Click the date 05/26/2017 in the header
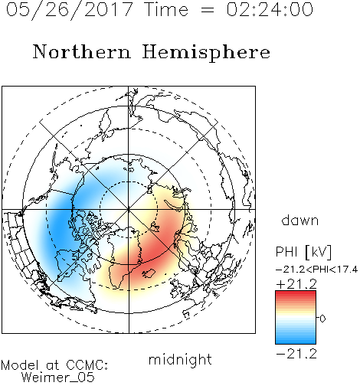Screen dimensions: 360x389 [x=70, y=10]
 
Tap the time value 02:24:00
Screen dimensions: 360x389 [x=270, y=9]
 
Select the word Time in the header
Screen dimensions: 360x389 [x=166, y=9]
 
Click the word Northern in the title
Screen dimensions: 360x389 [x=82, y=51]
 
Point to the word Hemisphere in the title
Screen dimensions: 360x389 [x=206, y=53]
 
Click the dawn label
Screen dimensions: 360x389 [x=300, y=221]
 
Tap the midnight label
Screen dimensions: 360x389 [x=180, y=359]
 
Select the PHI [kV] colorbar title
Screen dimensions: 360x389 [x=304, y=252]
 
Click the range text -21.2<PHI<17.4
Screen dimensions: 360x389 [x=316, y=270]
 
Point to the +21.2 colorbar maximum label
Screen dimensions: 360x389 [x=296, y=284]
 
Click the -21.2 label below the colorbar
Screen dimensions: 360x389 [x=296, y=354]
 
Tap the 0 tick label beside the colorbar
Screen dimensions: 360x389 [x=322, y=319]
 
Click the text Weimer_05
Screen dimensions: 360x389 [x=58, y=378]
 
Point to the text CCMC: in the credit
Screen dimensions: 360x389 [x=87, y=365]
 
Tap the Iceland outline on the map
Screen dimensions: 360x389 [x=149, y=273]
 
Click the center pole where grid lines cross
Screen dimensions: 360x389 [x=129, y=210]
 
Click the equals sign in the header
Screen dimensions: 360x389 [x=208, y=10]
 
